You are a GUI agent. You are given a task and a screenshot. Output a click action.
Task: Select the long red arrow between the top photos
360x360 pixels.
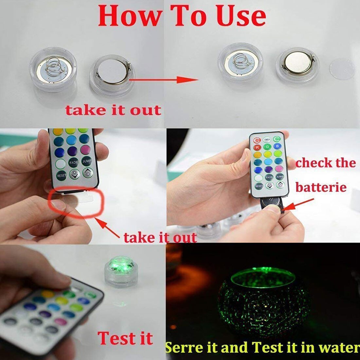coord(164,80)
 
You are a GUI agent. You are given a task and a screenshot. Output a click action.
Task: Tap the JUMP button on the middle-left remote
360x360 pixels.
coord(87,161)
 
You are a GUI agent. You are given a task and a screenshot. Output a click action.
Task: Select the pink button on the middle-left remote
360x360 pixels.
coord(86,150)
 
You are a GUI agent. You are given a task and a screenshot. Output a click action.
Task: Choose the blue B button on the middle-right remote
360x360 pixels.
coord(278,146)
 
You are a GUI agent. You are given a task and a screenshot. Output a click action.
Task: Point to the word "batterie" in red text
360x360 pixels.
coord(321,188)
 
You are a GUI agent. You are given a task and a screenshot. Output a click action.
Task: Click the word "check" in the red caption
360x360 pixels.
coord(313,163)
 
